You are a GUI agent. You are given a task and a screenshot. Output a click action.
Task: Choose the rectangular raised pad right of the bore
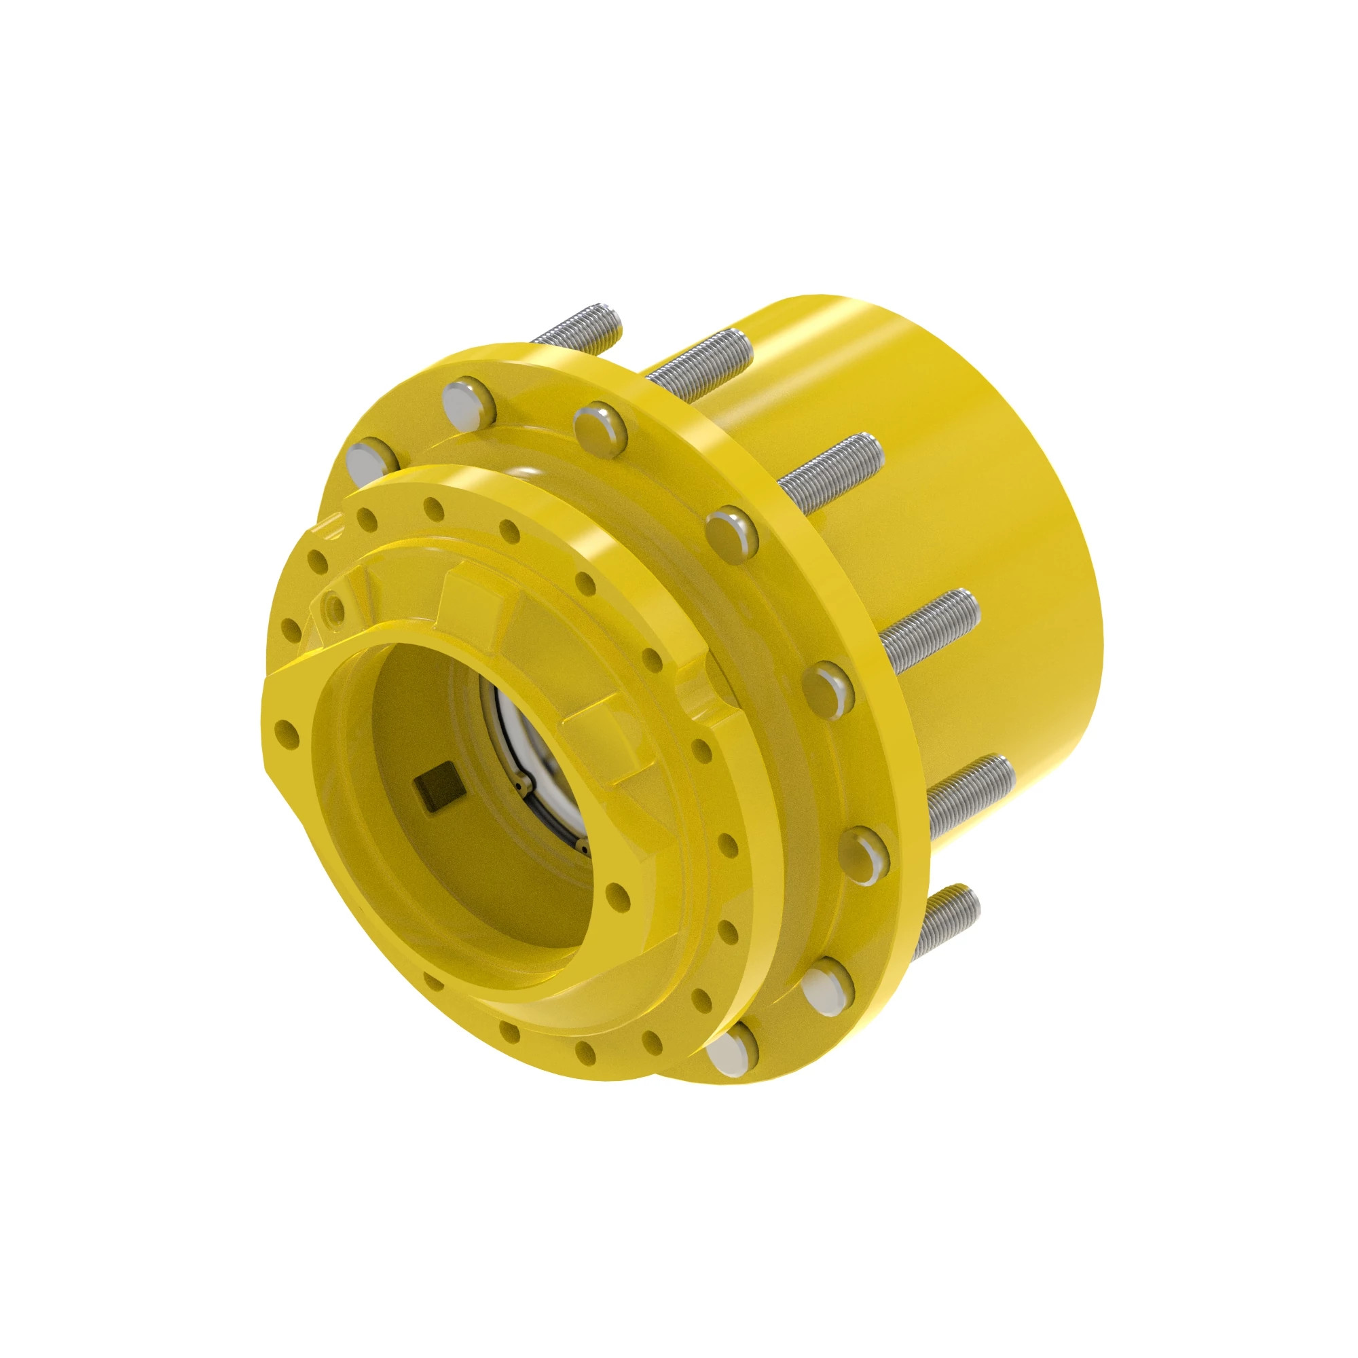point(604,735)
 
